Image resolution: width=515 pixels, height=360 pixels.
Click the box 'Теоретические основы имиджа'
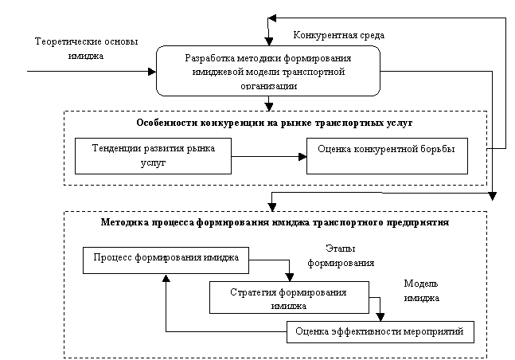[84, 47]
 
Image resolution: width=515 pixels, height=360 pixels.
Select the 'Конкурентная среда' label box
[339, 35]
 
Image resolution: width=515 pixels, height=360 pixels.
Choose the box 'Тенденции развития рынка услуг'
[153, 155]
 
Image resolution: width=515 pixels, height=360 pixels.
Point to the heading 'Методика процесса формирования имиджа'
[275, 222]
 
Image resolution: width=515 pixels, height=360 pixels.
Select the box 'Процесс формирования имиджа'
[166, 259]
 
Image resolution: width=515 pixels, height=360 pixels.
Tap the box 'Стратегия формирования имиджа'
[288, 298]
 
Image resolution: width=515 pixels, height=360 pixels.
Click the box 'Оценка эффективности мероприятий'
[379, 331]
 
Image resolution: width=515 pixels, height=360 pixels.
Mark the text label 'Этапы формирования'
[341, 255]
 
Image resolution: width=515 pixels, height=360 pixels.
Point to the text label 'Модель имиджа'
[421, 291]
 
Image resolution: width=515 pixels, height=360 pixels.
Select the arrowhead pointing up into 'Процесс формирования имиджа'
[166, 279]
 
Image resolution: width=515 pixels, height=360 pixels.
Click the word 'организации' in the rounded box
[268, 84]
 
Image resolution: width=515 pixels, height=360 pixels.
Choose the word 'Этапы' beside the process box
[341, 248]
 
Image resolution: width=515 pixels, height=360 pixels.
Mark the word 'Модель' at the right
[421, 284]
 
